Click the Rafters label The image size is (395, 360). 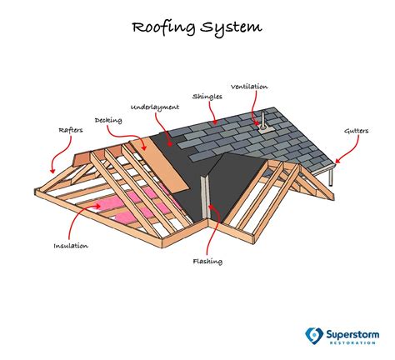tap(71, 130)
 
